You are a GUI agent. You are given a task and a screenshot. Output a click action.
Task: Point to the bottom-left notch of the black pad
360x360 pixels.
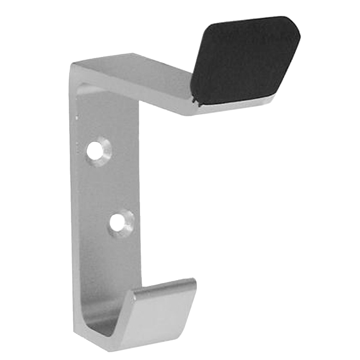point(195,99)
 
